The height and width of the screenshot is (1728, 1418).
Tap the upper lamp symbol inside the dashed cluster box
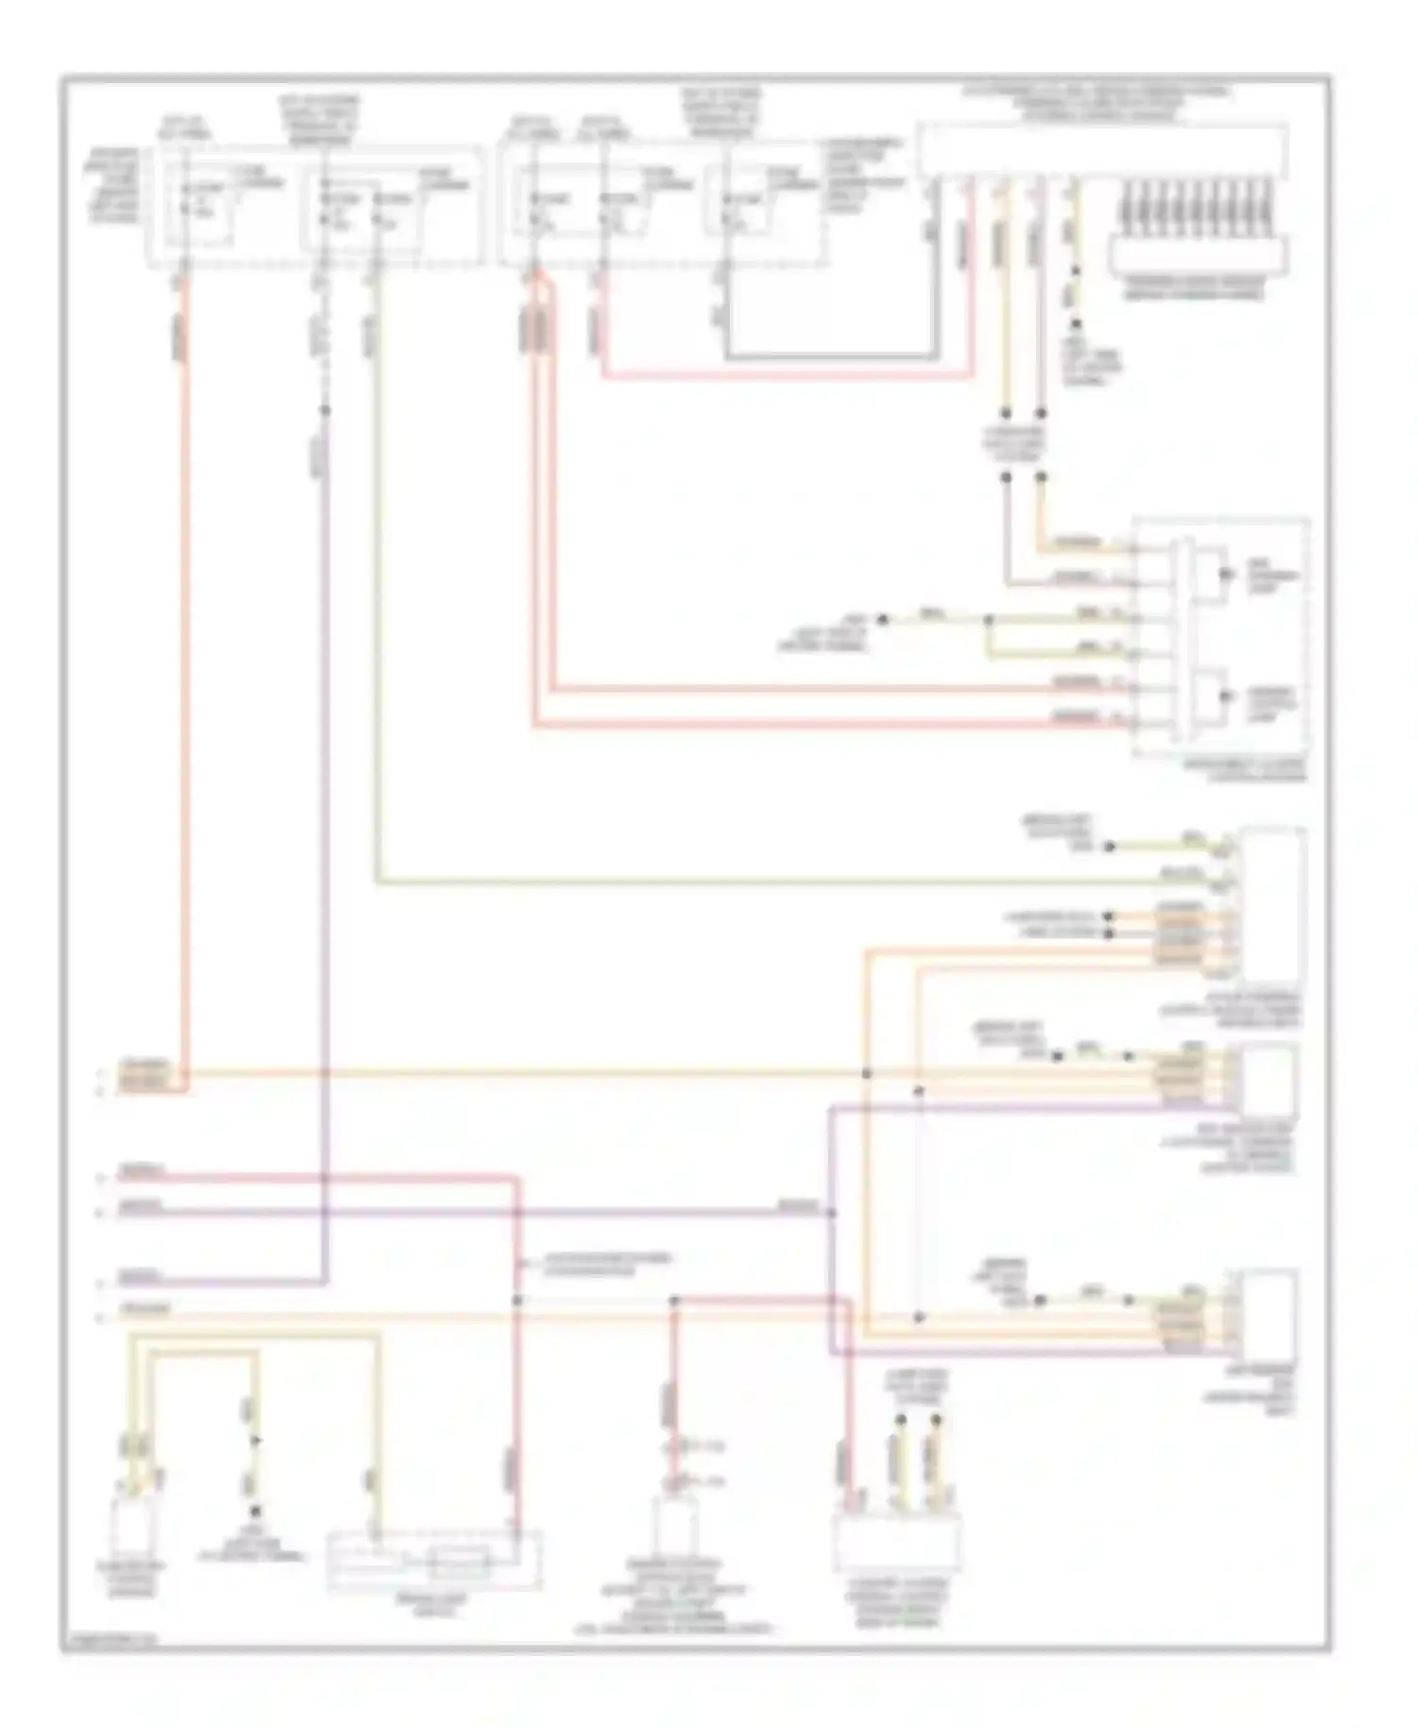tap(1227, 574)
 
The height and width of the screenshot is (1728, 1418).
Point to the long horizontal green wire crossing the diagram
tap(756, 883)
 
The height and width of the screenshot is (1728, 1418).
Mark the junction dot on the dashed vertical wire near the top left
tap(324, 410)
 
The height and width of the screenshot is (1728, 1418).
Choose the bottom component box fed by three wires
tap(895, 1541)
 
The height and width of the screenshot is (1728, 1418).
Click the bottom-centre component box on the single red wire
tap(675, 1527)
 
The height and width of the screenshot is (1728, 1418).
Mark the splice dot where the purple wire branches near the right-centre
tap(831, 1212)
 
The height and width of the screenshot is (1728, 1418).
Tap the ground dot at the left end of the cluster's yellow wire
tap(882, 620)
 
